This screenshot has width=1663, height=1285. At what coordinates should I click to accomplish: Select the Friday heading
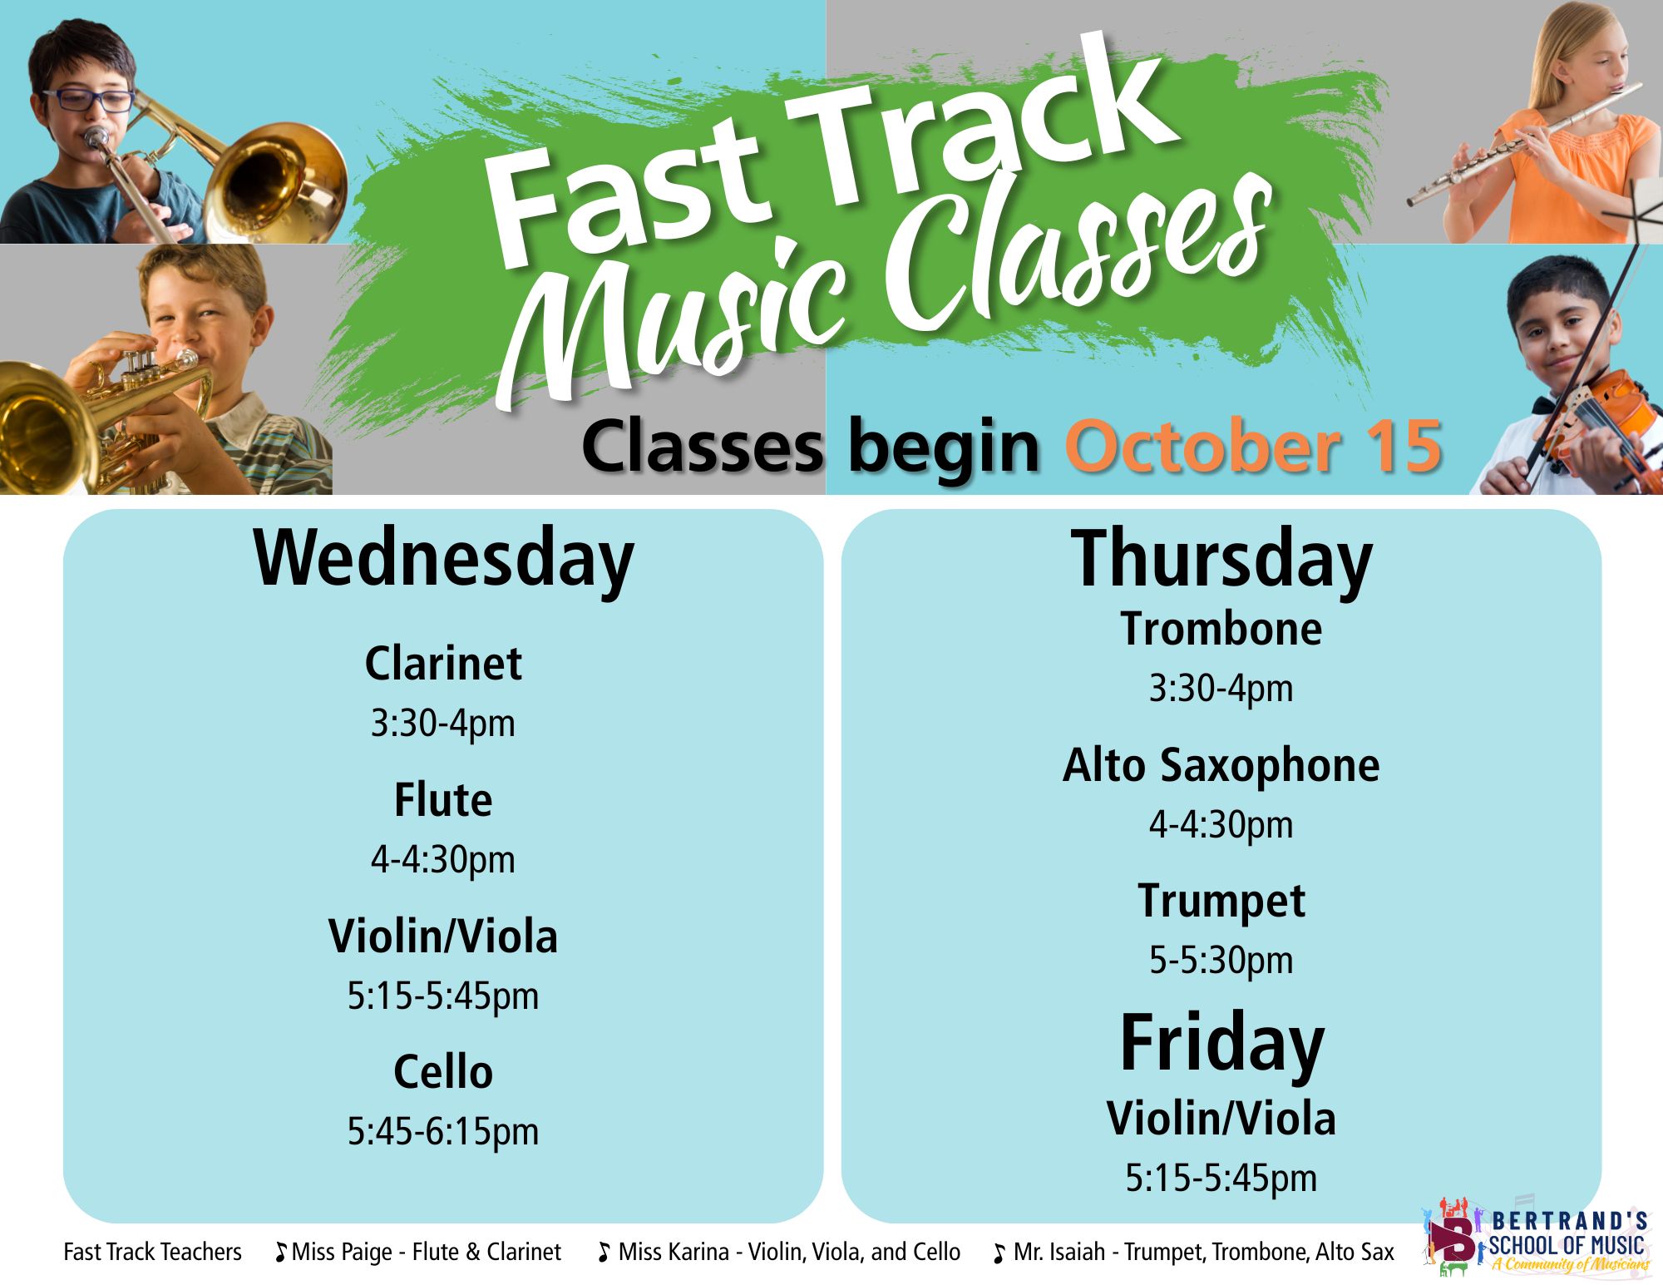(x=1221, y=1046)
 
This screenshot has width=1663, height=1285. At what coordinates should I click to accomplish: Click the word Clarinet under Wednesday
(x=443, y=664)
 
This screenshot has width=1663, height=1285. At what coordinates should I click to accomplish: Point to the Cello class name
(x=443, y=1071)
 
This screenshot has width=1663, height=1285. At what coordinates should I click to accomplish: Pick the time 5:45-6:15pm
(x=443, y=1132)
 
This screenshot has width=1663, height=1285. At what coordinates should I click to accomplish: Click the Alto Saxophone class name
(x=1221, y=765)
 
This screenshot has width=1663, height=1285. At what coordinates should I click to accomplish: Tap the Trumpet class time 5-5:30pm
(x=1221, y=961)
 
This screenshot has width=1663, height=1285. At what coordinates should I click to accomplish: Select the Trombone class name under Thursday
(x=1221, y=629)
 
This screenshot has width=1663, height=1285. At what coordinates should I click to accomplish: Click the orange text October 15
(x=1253, y=447)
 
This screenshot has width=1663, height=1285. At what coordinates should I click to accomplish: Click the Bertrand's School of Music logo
(x=1537, y=1238)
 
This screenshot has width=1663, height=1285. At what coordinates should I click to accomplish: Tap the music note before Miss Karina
(x=604, y=1253)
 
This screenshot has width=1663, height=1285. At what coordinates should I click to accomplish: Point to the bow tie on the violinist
(x=1546, y=406)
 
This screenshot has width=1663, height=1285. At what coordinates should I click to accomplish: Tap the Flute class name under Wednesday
(x=443, y=800)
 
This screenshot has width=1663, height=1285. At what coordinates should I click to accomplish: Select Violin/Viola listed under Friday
(x=1221, y=1118)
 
